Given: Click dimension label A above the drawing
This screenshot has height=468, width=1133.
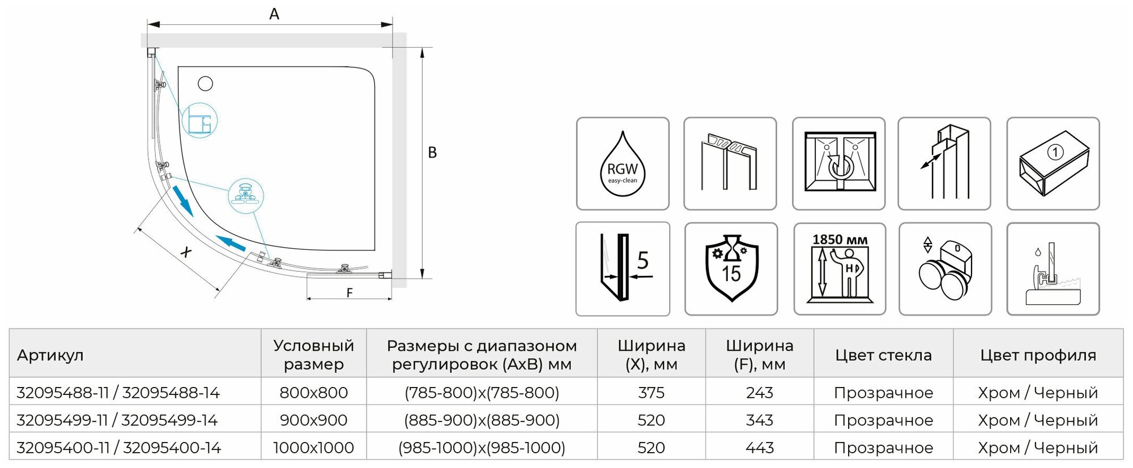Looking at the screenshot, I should tap(274, 15).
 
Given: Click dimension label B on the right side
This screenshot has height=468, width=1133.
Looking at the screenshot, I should tap(432, 153).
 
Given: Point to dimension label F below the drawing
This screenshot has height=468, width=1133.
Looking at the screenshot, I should tap(350, 292).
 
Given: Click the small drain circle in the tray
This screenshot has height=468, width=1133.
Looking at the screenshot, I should tap(206, 84).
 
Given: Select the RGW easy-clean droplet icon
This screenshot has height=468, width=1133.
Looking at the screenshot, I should tap(623, 164).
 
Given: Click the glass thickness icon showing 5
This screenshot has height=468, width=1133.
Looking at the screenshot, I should tap(623, 269).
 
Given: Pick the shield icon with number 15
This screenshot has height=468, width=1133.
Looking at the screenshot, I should tap(731, 269).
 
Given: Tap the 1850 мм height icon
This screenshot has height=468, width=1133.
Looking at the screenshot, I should tap(840, 269).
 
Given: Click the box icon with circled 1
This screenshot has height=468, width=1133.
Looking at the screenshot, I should tap(1053, 164).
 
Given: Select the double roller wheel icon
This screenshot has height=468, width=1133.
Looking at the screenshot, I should tap(945, 269).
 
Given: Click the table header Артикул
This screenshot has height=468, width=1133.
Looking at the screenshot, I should tap(50, 355).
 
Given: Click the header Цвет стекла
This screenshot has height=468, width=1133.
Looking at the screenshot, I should tap(883, 355).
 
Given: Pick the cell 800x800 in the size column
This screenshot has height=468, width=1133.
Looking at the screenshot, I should tap(313, 393).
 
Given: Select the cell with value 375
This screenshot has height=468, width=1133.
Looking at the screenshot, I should tap(651, 393).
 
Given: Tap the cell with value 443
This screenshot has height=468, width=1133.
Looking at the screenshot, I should tap(759, 448).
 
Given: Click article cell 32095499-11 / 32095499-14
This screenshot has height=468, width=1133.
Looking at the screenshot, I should tap(117, 420).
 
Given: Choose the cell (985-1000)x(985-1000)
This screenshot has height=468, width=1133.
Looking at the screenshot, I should tap(482, 448).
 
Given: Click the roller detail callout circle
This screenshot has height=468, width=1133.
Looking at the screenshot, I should tap(246, 195).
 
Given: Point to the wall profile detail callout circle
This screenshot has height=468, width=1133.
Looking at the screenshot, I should tap(199, 121).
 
